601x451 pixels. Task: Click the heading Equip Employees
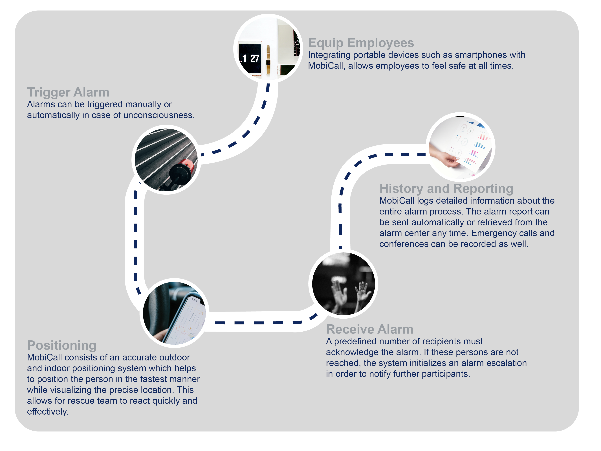(x=361, y=43)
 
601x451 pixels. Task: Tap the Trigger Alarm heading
(x=68, y=92)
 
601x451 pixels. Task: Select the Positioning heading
(x=62, y=345)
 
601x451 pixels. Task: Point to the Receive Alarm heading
(x=369, y=329)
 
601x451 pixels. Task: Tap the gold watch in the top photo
(x=268, y=60)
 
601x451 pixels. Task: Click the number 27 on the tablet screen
(x=255, y=58)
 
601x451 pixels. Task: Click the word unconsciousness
(x=159, y=115)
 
